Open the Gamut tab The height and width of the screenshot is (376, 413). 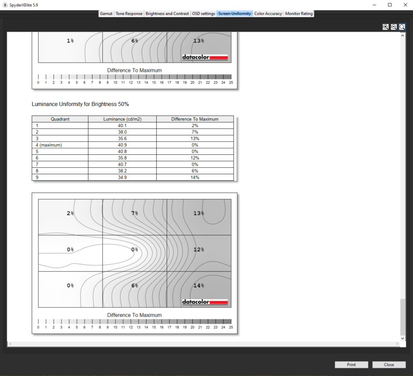click(x=106, y=14)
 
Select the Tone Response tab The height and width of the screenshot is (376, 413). click(x=129, y=14)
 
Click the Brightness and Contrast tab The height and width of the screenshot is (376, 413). click(x=167, y=14)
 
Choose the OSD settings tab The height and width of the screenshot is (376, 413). click(x=204, y=14)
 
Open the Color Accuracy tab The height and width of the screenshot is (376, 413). click(x=268, y=14)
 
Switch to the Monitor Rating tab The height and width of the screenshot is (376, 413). click(x=299, y=14)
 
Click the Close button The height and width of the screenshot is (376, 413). click(x=389, y=365)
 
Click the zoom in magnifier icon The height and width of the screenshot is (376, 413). click(x=386, y=27)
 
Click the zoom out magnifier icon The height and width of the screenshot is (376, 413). click(x=394, y=27)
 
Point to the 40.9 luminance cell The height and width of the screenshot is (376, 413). click(x=122, y=145)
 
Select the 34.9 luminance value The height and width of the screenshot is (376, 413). click(x=122, y=177)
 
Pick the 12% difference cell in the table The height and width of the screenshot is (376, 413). click(x=195, y=158)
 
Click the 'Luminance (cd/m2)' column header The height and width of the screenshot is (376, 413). click(x=122, y=119)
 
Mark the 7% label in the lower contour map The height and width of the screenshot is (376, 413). click(x=135, y=213)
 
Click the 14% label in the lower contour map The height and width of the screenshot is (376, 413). click(x=198, y=285)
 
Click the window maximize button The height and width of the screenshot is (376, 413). click(x=390, y=5)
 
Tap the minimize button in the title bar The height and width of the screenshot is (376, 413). click(x=374, y=5)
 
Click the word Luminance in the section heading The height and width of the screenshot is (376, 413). click(x=44, y=104)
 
